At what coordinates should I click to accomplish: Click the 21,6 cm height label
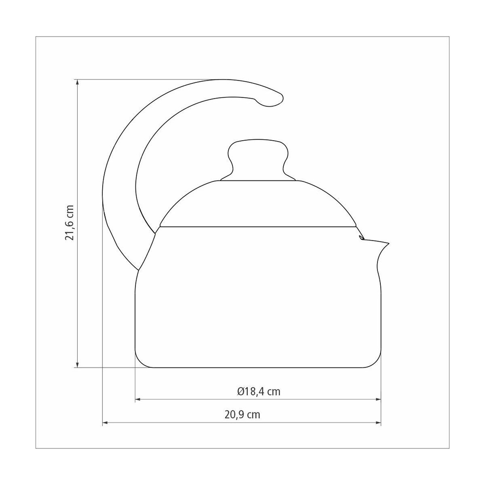(70, 223)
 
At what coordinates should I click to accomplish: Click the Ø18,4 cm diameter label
(259, 392)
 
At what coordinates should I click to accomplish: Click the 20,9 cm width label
(242, 414)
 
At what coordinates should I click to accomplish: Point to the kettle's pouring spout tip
(388, 243)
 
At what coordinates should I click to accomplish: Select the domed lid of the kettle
(258, 203)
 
